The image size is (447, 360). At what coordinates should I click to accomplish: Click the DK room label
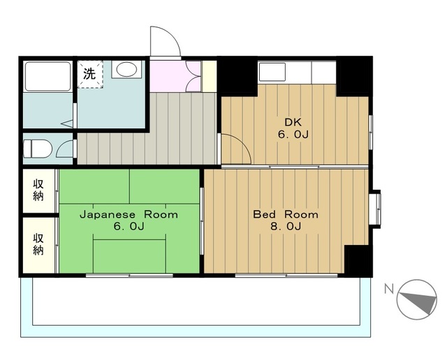[x=293, y=123]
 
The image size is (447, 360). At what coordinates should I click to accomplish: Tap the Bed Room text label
[x=286, y=214]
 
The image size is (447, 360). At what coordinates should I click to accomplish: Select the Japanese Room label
[x=129, y=214]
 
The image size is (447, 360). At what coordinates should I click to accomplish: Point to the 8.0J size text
[x=286, y=227]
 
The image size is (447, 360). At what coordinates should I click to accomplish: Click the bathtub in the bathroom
[x=47, y=76]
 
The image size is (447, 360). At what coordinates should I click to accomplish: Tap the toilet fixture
[x=37, y=149]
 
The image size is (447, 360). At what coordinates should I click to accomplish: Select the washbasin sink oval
[x=126, y=69]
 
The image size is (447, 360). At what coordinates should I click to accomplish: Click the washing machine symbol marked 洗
[x=90, y=74]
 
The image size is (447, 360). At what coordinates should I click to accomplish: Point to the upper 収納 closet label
[x=38, y=190]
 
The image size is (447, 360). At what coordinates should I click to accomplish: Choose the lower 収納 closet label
[x=38, y=244]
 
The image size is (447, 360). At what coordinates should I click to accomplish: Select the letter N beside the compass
[x=389, y=290]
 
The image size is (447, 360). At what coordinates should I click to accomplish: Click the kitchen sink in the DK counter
[x=272, y=72]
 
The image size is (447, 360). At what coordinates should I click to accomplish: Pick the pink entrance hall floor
[x=175, y=76]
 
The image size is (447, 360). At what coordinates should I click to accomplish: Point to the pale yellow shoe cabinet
[x=210, y=76]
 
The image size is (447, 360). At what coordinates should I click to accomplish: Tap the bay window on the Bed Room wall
[x=376, y=208]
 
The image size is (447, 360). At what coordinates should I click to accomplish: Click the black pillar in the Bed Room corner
[x=358, y=261]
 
